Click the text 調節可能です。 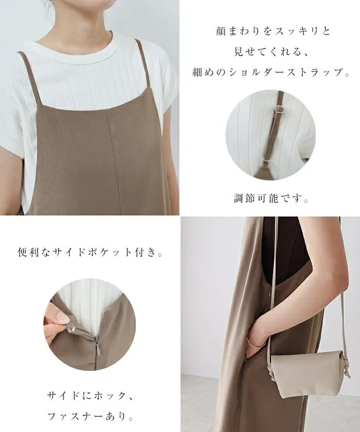point(271,198)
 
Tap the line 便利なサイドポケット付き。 point(90,252)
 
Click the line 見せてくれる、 point(271,51)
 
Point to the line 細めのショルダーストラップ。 point(271,72)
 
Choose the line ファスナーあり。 point(91,416)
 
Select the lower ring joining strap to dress point(266,161)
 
